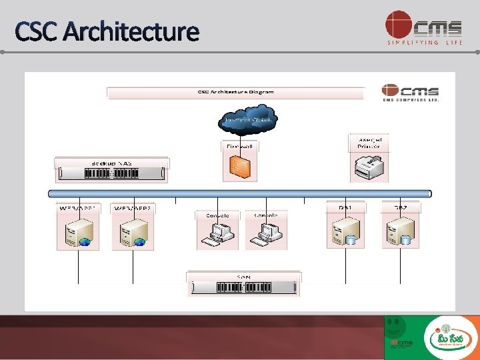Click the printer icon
click(368, 167)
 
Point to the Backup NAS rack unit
click(111, 173)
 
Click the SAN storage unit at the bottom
click(243, 287)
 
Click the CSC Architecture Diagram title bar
click(235, 92)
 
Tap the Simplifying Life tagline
click(424, 43)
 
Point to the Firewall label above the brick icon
click(239, 145)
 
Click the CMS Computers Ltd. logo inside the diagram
click(410, 93)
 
